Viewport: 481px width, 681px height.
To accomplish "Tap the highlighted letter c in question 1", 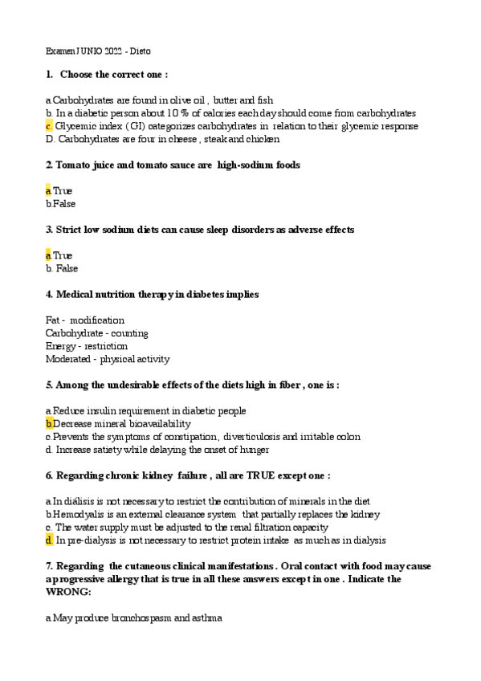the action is (x=49, y=126).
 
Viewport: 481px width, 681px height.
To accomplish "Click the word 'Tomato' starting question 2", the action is (x=70, y=165).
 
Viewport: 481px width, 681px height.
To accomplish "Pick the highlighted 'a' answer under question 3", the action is (x=48, y=255).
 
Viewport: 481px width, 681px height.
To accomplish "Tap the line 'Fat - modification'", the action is (x=85, y=320).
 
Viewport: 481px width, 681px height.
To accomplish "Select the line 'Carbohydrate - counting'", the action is (x=96, y=332).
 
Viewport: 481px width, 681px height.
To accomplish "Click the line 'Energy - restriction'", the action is (x=87, y=345).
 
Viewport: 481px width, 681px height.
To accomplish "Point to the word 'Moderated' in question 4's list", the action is (x=67, y=359).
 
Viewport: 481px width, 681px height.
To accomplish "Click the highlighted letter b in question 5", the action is (x=49, y=423).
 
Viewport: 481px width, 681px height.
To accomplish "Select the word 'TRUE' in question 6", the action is (x=256, y=475).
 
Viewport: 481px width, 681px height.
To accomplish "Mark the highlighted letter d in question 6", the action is (x=49, y=540).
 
